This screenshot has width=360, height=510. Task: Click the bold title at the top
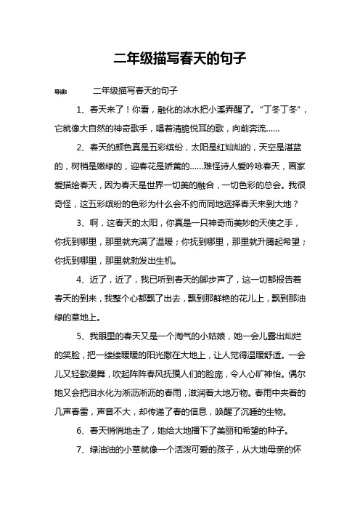(180, 58)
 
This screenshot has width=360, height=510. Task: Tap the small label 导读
(62, 92)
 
